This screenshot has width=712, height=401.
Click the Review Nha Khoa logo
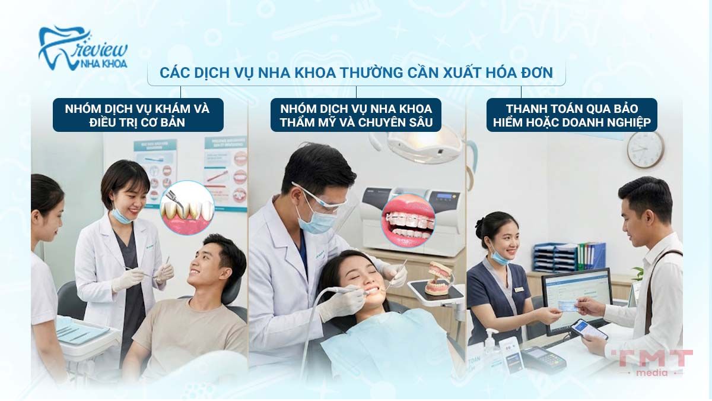click(x=82, y=48)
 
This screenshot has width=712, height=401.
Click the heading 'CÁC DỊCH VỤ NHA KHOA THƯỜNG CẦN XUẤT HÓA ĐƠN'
click(x=356, y=73)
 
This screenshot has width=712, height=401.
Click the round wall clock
click(x=645, y=149)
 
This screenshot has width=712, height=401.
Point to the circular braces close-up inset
click(x=408, y=220)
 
